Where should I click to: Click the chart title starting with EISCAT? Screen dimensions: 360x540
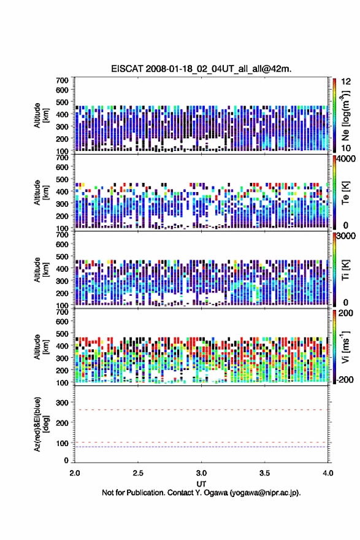click(x=201, y=69)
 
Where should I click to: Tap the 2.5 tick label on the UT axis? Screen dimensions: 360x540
click(x=138, y=473)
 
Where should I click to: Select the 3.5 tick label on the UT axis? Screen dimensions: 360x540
click(x=265, y=473)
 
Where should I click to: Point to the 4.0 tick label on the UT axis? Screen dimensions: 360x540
click(x=328, y=473)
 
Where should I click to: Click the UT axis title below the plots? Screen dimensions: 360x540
click(x=201, y=484)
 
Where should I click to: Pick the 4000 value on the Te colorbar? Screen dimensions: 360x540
click(x=346, y=159)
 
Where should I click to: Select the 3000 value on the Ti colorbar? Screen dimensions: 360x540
click(x=346, y=236)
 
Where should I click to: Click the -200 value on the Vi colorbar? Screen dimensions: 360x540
click(x=344, y=379)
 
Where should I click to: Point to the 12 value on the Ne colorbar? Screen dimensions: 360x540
click(x=346, y=82)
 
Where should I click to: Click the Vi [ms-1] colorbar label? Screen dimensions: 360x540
click(x=345, y=347)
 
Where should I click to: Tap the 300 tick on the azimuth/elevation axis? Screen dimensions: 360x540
click(x=63, y=403)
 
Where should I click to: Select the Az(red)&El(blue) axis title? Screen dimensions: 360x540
click(x=40, y=424)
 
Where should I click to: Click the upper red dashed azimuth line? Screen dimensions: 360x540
click(x=201, y=410)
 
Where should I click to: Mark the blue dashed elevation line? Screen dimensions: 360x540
click(x=201, y=447)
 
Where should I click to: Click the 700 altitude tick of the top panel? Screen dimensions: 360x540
click(x=63, y=80)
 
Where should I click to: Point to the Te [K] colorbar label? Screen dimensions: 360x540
click(x=345, y=193)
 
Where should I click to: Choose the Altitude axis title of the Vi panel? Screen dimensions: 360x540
click(x=40, y=347)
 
